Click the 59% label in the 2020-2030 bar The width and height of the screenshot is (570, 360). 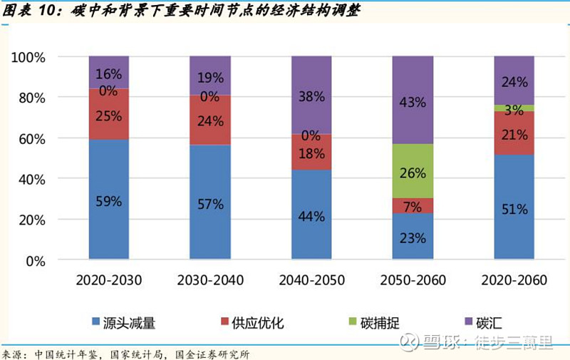pyautogui.click(x=109, y=202)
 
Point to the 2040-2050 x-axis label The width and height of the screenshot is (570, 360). pyautogui.click(x=311, y=280)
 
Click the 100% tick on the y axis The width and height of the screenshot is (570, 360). pyautogui.click(x=31, y=56)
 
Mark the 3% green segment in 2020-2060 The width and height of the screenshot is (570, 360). pyautogui.click(x=514, y=108)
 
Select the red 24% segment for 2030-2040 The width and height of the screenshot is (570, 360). pyautogui.click(x=210, y=120)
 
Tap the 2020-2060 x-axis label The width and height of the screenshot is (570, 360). pyautogui.click(x=514, y=280)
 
